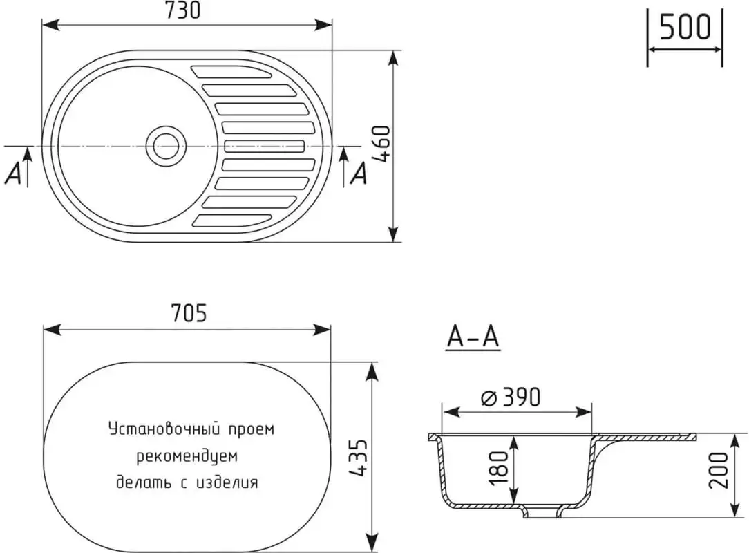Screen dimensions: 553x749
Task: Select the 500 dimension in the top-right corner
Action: tap(684, 28)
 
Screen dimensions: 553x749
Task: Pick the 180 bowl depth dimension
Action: tap(499, 471)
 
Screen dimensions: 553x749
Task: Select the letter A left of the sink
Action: tap(13, 175)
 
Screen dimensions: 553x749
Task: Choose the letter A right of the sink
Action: tap(359, 174)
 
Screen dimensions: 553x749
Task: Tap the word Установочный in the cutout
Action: tap(163, 429)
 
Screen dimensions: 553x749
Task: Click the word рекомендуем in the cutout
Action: tap(187, 456)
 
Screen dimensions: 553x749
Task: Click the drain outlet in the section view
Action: tap(542, 512)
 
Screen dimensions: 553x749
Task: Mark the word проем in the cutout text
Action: tap(252, 429)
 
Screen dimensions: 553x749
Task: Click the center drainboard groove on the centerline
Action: tap(264, 146)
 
